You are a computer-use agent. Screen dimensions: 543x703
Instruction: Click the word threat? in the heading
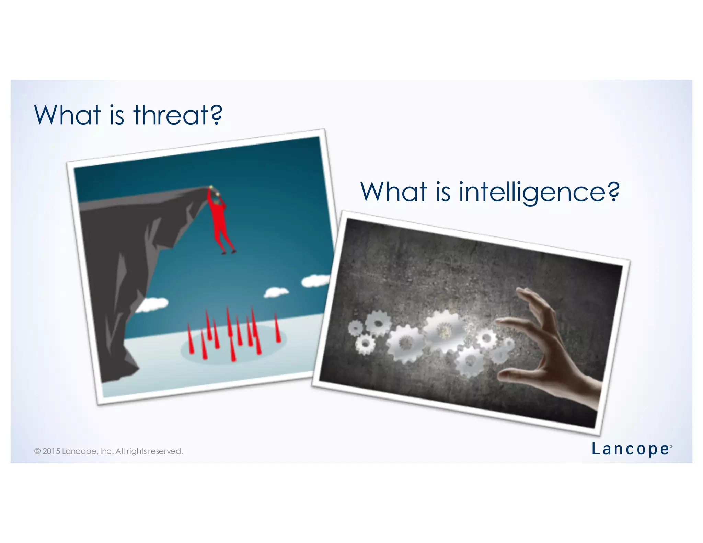point(178,115)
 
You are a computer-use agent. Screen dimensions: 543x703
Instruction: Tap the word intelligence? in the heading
point(539,192)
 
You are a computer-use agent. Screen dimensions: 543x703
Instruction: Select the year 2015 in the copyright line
point(51,451)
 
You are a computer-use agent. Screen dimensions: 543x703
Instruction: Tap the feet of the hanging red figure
point(228,252)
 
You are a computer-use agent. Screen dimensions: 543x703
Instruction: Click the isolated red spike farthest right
point(277,328)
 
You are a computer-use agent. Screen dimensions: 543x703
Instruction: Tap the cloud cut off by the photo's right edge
point(315,281)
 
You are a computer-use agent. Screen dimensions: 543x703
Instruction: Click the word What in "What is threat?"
point(67,115)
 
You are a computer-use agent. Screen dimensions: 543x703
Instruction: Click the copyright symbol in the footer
point(37,451)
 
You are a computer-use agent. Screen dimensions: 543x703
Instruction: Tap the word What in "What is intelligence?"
point(394,192)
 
